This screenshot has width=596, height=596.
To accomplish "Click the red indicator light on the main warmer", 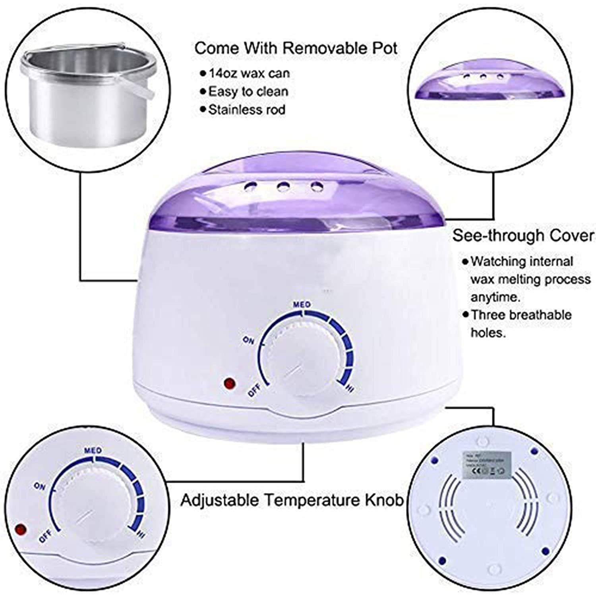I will [229, 384].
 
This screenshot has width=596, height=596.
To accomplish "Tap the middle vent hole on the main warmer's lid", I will [283, 186].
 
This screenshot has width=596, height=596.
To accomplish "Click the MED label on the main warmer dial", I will [302, 305].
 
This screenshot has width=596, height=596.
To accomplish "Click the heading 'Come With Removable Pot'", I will [296, 48].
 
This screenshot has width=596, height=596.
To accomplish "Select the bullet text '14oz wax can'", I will [250, 73].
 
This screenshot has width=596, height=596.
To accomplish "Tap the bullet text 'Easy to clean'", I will [248, 91].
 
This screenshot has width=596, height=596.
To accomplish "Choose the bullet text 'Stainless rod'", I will [247, 109].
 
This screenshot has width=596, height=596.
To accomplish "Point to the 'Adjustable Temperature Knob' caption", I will [292, 500].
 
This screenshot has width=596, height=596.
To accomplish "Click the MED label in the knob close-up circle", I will [93, 451].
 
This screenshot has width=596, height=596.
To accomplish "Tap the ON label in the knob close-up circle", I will [40, 487].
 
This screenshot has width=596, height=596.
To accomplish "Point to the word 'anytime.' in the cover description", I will [495, 297].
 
